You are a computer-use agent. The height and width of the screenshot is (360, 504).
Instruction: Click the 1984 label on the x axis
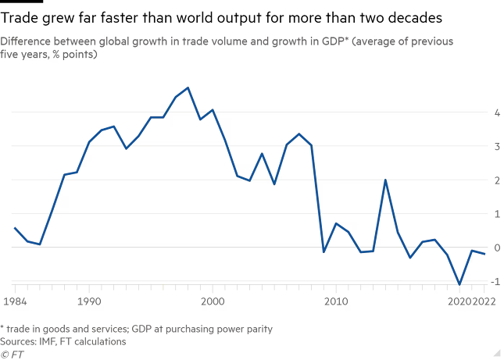15,300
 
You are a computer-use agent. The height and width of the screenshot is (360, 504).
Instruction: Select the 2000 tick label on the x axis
213,300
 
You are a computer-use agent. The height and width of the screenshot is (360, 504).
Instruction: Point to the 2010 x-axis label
336,300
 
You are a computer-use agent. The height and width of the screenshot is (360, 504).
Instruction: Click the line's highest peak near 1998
188,87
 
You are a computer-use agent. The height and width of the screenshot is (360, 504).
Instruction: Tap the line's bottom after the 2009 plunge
324,252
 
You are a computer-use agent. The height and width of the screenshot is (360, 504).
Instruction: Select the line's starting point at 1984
15,227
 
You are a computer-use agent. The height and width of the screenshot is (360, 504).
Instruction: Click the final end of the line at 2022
484,254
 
